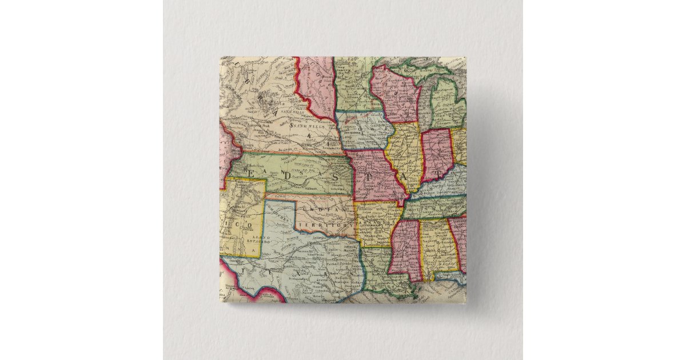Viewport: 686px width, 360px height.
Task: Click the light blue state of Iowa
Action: pyautogui.click(x=364, y=130)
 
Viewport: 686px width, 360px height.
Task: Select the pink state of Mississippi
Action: pyautogui.click(x=404, y=246)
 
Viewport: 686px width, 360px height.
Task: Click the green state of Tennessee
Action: pyautogui.click(x=434, y=206)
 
